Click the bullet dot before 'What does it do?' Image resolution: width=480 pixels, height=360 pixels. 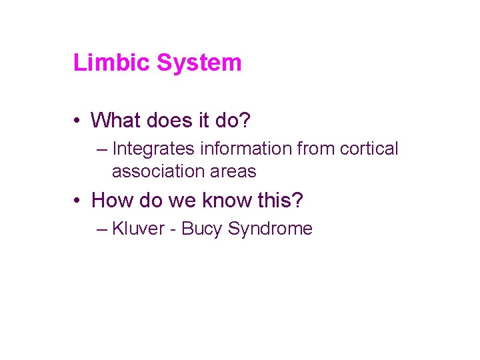click(78, 121)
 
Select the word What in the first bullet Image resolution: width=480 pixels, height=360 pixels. click(115, 120)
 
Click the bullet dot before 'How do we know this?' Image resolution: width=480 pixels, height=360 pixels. click(78, 200)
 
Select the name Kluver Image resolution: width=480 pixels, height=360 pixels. click(138, 229)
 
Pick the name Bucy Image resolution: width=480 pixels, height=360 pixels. click(202, 229)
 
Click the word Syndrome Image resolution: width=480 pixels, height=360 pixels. click(270, 229)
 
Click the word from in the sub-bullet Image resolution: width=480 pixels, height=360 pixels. click(317, 149)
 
